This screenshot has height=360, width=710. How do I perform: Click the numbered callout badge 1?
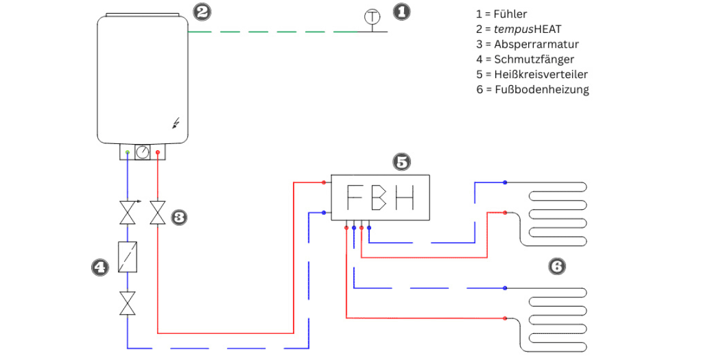point(401,12)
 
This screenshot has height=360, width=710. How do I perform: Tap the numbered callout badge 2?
point(202,12)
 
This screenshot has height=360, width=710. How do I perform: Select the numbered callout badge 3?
point(179,217)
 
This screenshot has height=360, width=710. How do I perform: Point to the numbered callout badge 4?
point(100,267)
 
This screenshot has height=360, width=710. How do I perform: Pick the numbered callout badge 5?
point(402,161)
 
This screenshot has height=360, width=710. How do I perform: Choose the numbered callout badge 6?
point(557,266)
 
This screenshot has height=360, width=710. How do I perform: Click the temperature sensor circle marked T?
point(372,17)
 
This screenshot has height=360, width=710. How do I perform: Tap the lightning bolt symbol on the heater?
point(176,123)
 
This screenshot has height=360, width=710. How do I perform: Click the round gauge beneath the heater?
point(143,152)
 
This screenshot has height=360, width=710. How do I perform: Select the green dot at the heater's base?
point(127,152)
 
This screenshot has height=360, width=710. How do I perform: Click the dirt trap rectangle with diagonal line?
point(128,257)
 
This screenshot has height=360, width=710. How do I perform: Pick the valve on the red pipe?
point(158,212)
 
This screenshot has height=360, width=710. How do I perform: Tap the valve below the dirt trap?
point(127,303)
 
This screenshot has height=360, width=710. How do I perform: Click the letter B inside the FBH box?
point(379,197)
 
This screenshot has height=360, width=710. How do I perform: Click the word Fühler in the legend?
point(511,14)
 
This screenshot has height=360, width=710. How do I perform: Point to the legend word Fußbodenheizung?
point(542,89)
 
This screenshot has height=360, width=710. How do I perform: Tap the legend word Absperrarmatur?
point(537,44)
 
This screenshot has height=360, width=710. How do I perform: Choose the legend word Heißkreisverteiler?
point(541,74)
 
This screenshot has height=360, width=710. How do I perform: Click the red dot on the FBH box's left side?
point(324,182)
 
